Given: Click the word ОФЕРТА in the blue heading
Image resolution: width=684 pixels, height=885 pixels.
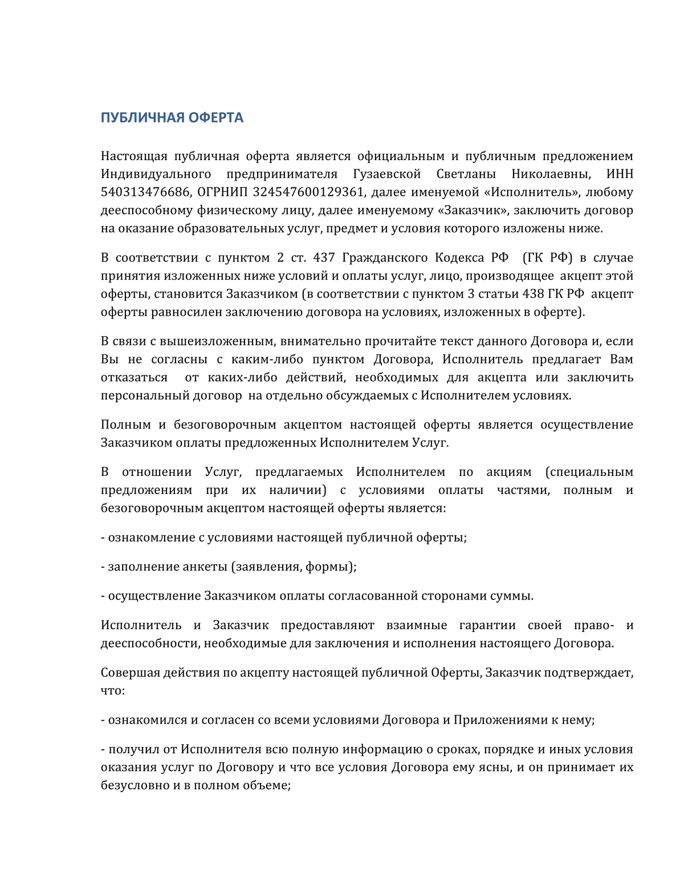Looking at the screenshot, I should (216, 117).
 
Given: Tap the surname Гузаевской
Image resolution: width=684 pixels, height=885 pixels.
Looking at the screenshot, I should (387, 174).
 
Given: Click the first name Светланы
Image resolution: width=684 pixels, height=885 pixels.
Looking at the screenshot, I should (466, 174).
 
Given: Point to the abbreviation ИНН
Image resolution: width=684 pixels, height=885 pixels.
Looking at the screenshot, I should (620, 174).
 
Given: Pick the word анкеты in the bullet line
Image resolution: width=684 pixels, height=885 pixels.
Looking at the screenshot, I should (205, 566).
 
